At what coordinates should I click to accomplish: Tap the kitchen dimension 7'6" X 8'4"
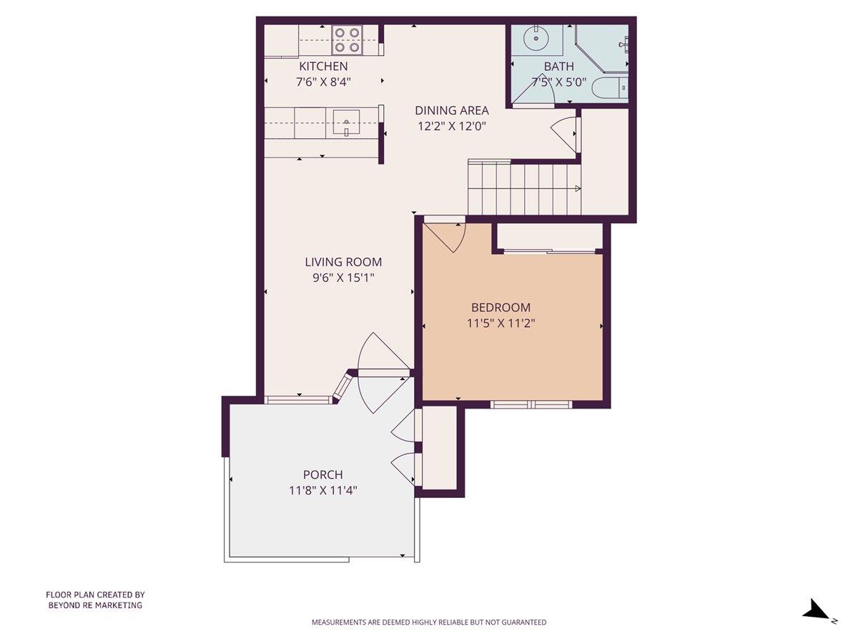coord(323,82)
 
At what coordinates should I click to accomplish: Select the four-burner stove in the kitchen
coord(347,40)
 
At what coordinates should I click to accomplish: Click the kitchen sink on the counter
coord(347,123)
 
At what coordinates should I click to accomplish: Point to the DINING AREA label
coord(452,110)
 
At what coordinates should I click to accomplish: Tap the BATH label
coord(558,67)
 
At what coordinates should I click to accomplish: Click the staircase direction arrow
coord(576,188)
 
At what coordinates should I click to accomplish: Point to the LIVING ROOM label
coord(343,262)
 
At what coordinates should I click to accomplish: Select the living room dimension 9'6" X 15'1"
coord(343,278)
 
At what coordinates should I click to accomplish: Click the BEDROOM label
coord(500,308)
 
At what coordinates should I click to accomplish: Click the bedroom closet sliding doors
coord(549,251)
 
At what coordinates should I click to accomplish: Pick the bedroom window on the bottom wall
coord(531,404)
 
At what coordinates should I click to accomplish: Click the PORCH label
coord(322,474)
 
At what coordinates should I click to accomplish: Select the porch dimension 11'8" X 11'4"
coord(322,490)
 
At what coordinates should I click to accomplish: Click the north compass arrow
coord(815,610)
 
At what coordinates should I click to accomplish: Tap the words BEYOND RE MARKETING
coord(95,605)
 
